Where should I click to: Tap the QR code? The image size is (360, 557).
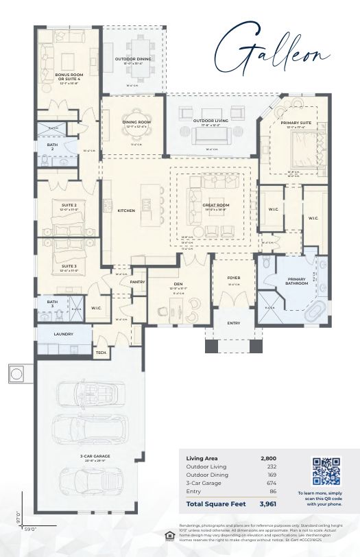click(326, 471)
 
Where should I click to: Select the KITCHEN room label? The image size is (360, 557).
click(125, 210)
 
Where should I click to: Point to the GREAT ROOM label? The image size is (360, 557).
click(215, 204)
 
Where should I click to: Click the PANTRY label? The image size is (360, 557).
click(137, 281)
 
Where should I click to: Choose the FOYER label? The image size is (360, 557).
click(233, 279)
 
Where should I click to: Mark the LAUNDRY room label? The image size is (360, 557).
click(64, 334)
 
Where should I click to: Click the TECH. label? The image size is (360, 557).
click(100, 353)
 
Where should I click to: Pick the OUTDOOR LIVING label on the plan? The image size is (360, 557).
click(211, 121)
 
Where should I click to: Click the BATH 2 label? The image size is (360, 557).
click(52, 147)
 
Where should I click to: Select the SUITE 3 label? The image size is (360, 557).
click(69, 265)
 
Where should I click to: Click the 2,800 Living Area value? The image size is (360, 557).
click(269, 458)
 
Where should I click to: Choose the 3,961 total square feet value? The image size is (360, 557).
click(268, 505)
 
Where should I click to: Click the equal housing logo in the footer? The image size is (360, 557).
click(169, 535)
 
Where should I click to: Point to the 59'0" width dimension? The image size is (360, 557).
click(31, 529)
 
